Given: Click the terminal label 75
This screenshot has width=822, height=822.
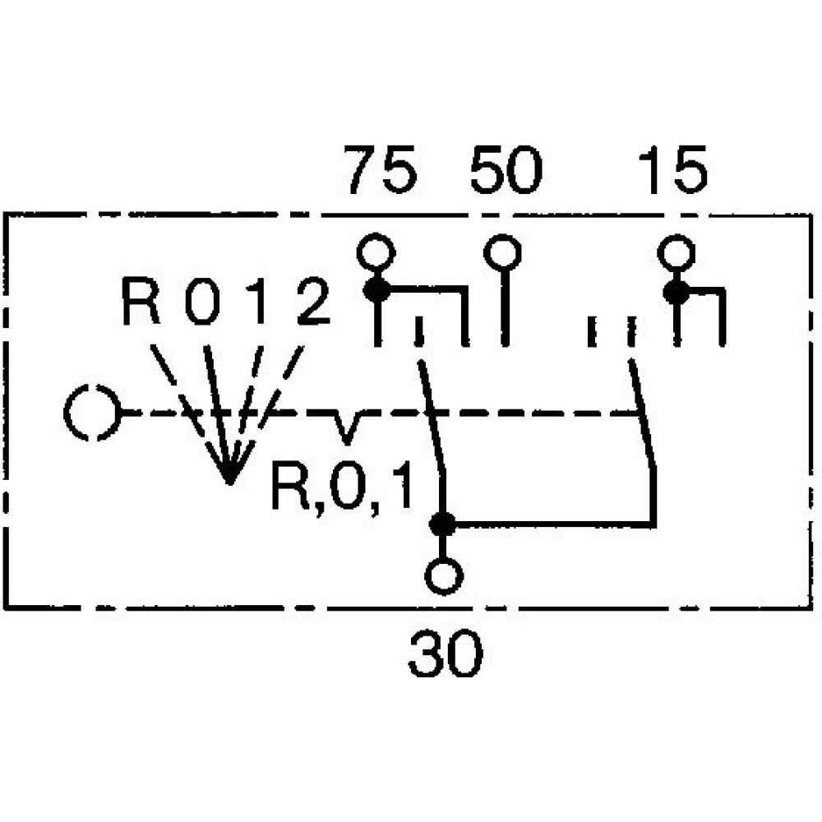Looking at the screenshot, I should [x=381, y=171].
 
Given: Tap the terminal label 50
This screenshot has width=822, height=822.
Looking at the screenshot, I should [x=506, y=171].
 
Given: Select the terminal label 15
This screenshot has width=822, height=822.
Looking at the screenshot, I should [x=673, y=171].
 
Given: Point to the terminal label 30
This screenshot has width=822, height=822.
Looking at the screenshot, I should [x=446, y=655].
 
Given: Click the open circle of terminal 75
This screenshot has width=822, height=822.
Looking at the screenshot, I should [x=376, y=252].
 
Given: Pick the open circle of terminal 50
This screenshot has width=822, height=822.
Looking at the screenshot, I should [x=502, y=252].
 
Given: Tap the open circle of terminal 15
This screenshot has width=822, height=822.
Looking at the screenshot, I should [x=676, y=252].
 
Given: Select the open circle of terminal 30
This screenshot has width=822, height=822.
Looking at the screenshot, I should [x=445, y=576].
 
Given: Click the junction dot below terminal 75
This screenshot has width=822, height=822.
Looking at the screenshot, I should [x=377, y=289].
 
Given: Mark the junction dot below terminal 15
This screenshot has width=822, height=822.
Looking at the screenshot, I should [x=677, y=290].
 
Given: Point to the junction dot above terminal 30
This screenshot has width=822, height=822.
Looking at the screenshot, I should [x=444, y=522].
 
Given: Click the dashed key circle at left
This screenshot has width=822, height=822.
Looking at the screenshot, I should [x=92, y=413].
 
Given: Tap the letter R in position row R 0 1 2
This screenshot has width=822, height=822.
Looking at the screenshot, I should [x=142, y=302].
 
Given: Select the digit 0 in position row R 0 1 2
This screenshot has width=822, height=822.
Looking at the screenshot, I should [x=202, y=302].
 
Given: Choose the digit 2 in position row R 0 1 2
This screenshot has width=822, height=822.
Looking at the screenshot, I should [x=312, y=302].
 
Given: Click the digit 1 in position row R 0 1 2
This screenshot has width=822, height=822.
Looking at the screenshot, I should [x=259, y=302].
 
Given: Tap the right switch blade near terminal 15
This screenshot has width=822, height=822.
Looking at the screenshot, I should [x=644, y=415].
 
